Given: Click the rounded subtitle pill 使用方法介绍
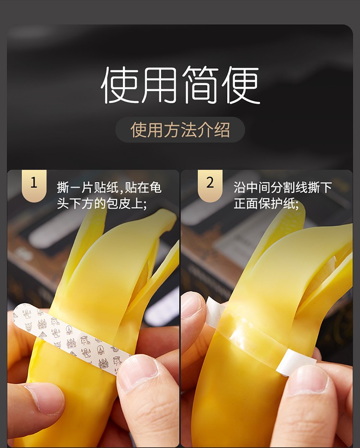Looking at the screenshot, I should point(180,130).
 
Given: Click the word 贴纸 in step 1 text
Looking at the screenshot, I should point(108,188).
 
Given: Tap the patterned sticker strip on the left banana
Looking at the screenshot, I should point(72,336).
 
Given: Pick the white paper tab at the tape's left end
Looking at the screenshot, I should point(215,312).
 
